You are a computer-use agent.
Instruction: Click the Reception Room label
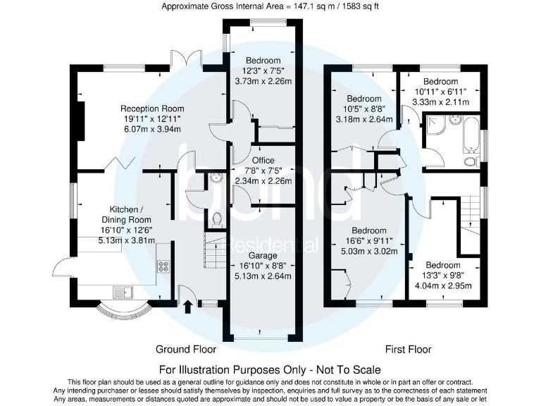152,109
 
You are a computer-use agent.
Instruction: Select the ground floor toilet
217,219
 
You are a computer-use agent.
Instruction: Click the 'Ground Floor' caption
186,349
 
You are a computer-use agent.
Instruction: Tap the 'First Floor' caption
408,349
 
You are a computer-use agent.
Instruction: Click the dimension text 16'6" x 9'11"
368,240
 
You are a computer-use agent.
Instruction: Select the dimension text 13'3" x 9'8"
442,276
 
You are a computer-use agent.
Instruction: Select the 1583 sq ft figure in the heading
360,6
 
